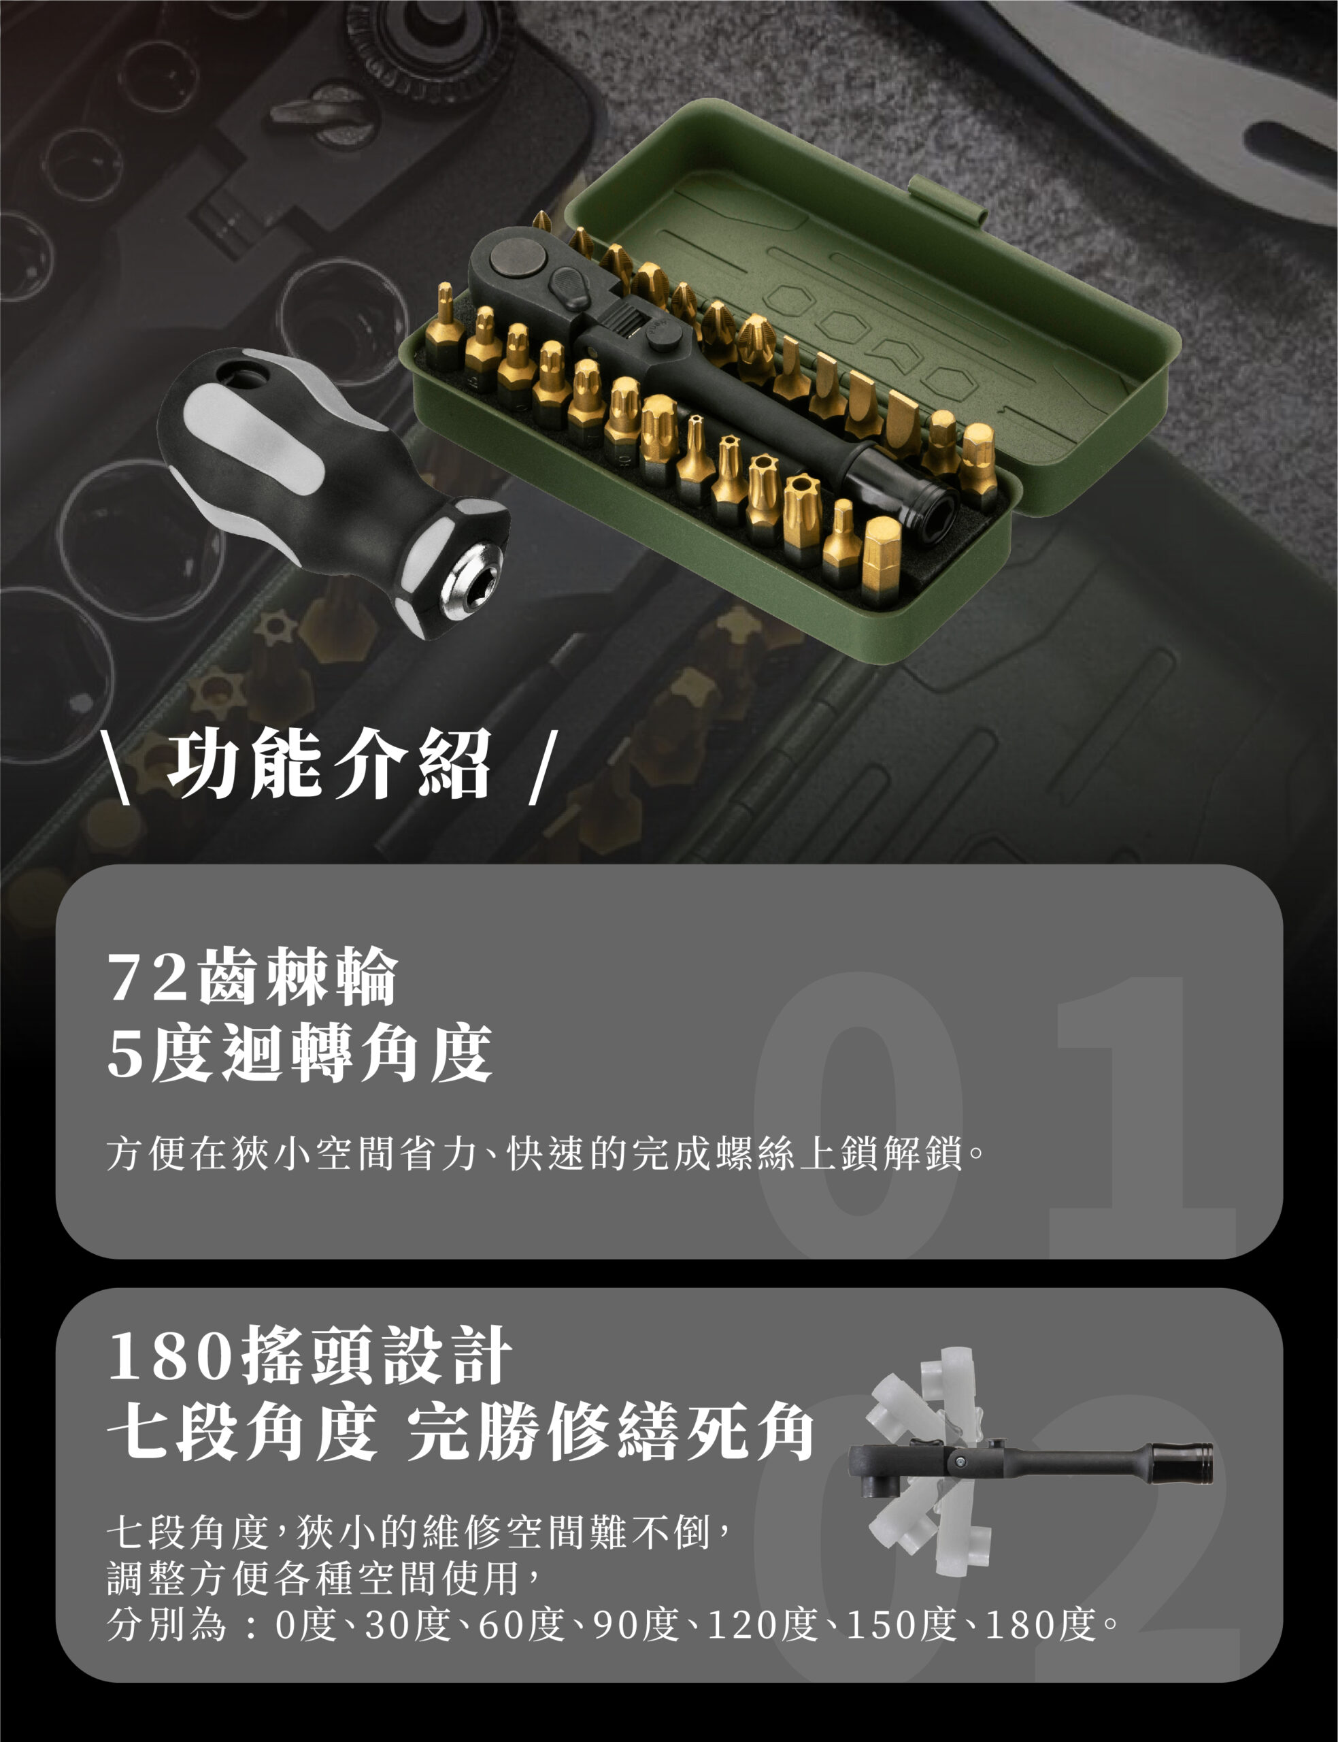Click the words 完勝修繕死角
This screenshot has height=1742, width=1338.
611,1431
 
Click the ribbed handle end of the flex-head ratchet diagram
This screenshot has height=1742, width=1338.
1183,1464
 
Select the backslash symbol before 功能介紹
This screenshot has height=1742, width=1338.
116,770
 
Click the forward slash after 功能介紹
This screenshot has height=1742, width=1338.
539,770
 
